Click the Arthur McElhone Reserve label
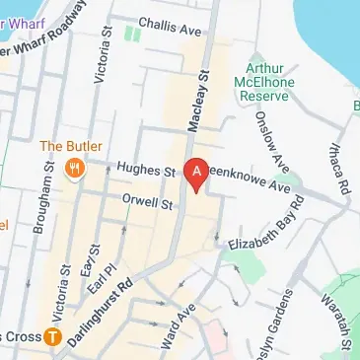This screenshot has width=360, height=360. point(263,86)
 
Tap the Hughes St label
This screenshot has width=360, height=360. point(139,170)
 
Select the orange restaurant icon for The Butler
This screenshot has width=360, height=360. point(74,168)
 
